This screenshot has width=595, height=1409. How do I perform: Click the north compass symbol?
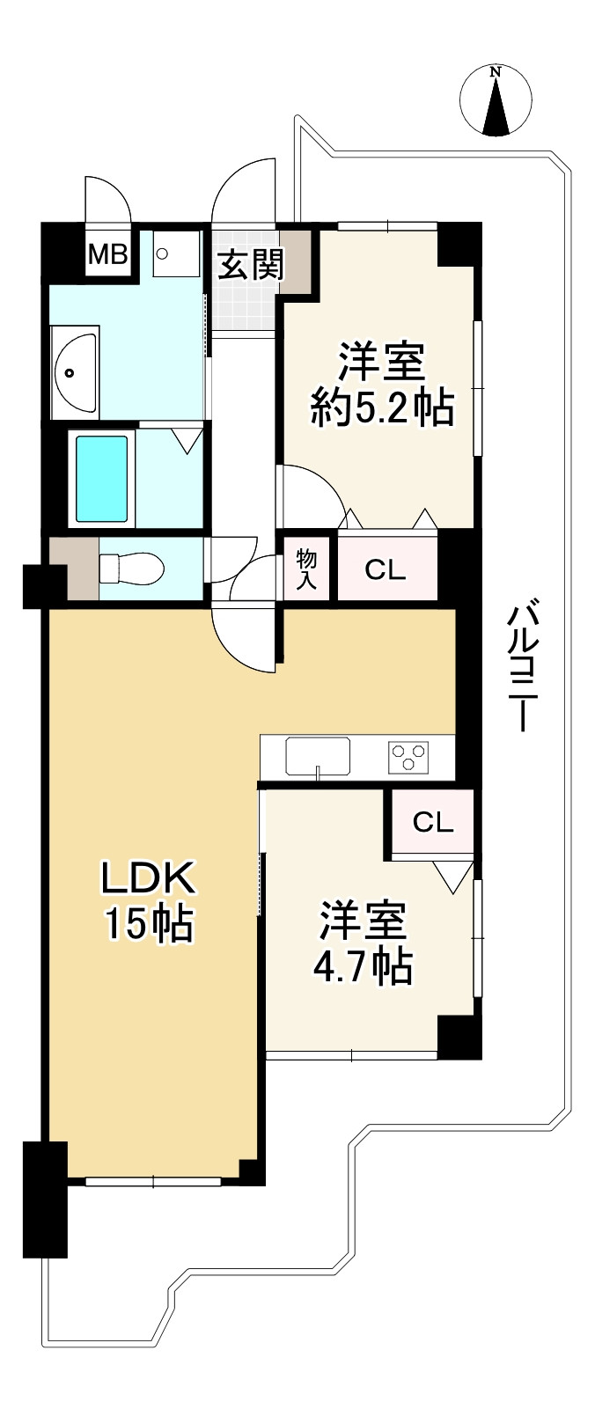pyautogui.click(x=496, y=102)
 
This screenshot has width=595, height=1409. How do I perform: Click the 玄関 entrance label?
pyautogui.click(x=251, y=263)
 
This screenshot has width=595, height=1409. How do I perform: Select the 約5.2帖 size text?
pyautogui.click(x=382, y=408)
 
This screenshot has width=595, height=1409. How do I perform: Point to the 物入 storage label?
pyautogui.click(x=306, y=569)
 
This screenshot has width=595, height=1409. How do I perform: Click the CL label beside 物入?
pyautogui.click(x=386, y=570)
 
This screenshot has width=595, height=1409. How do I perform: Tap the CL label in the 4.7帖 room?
pyautogui.click(x=433, y=822)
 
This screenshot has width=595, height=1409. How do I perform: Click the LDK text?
pyautogui.click(x=146, y=877)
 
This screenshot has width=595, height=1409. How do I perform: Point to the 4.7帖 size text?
pyautogui.click(x=363, y=966)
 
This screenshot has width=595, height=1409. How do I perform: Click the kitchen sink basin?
pyautogui.click(x=317, y=755)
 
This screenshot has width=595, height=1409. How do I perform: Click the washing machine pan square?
pyautogui.click(x=177, y=254)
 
